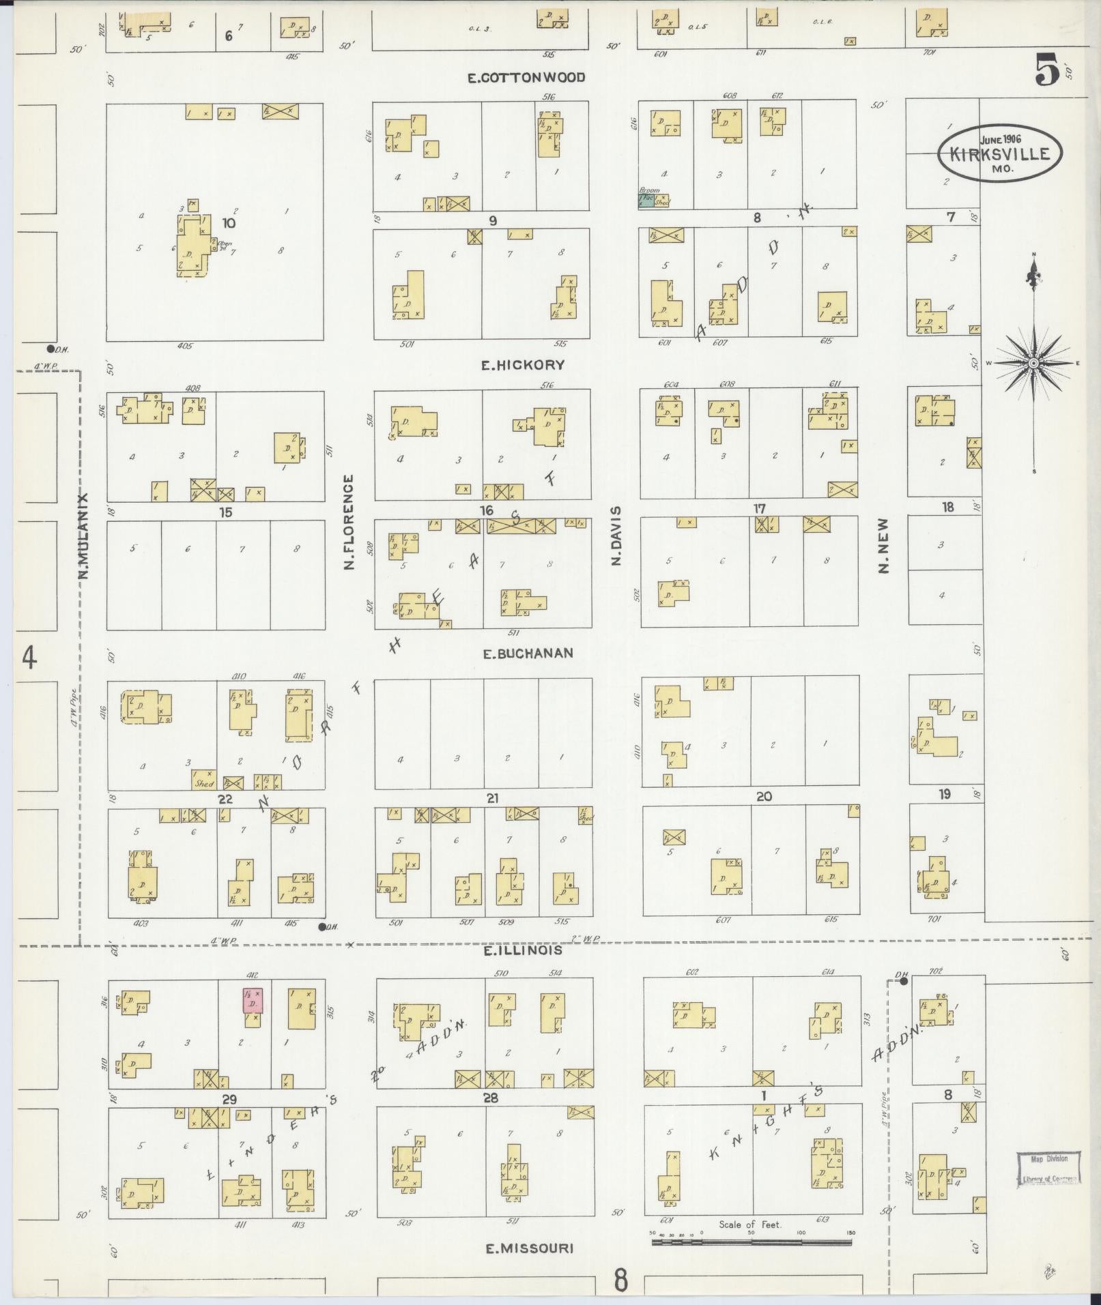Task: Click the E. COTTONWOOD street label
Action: [x=526, y=78]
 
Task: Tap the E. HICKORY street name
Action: [x=524, y=365]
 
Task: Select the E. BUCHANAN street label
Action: [x=528, y=654]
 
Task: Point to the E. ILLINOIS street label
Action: [x=523, y=950]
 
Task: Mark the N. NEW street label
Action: [x=884, y=545]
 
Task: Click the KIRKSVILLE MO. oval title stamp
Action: [x=1001, y=153]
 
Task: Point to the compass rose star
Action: [x=1033, y=363]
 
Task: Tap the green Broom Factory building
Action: [x=645, y=200]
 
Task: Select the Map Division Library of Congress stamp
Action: [x=1047, y=1169]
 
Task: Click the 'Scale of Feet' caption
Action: [x=749, y=1224]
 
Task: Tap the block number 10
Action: [x=229, y=223]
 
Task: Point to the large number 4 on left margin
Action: [x=29, y=659]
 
